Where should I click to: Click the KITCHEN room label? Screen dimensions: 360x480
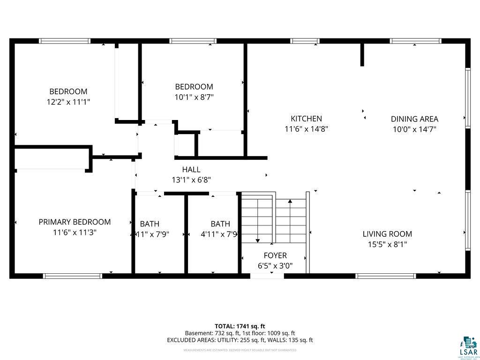pyautogui.click(x=306, y=119)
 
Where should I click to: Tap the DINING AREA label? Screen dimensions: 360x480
pyautogui.click(x=414, y=119)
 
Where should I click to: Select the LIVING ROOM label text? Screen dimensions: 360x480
pyautogui.click(x=387, y=234)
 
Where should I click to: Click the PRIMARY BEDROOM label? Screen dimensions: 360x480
pyautogui.click(x=75, y=222)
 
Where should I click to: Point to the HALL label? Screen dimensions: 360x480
pyautogui.click(x=191, y=170)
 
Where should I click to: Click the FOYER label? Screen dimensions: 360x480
pyautogui.click(x=275, y=255)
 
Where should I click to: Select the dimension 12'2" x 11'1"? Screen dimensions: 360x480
pyautogui.click(x=68, y=102)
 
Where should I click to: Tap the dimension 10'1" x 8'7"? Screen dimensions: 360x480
pyautogui.click(x=194, y=97)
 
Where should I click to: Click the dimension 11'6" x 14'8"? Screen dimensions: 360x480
pyautogui.click(x=306, y=129)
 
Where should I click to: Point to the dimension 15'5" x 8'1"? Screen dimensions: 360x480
pyautogui.click(x=387, y=244)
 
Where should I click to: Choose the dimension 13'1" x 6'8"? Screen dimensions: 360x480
pyautogui.click(x=191, y=180)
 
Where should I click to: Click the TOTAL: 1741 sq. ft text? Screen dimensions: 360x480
pyautogui.click(x=240, y=326)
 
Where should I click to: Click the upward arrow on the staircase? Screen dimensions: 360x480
pyautogui.click(x=290, y=202)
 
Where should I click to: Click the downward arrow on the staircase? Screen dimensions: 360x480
pyautogui.click(x=257, y=239)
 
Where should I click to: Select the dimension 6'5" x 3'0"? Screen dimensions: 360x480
pyautogui.click(x=275, y=265)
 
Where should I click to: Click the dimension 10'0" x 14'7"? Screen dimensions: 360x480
pyautogui.click(x=414, y=129)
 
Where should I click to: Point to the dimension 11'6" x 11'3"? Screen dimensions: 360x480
pyautogui.click(x=75, y=232)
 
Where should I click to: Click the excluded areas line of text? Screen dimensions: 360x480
pyautogui.click(x=240, y=340)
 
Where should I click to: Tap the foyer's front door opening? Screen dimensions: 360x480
pyautogui.click(x=267, y=276)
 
